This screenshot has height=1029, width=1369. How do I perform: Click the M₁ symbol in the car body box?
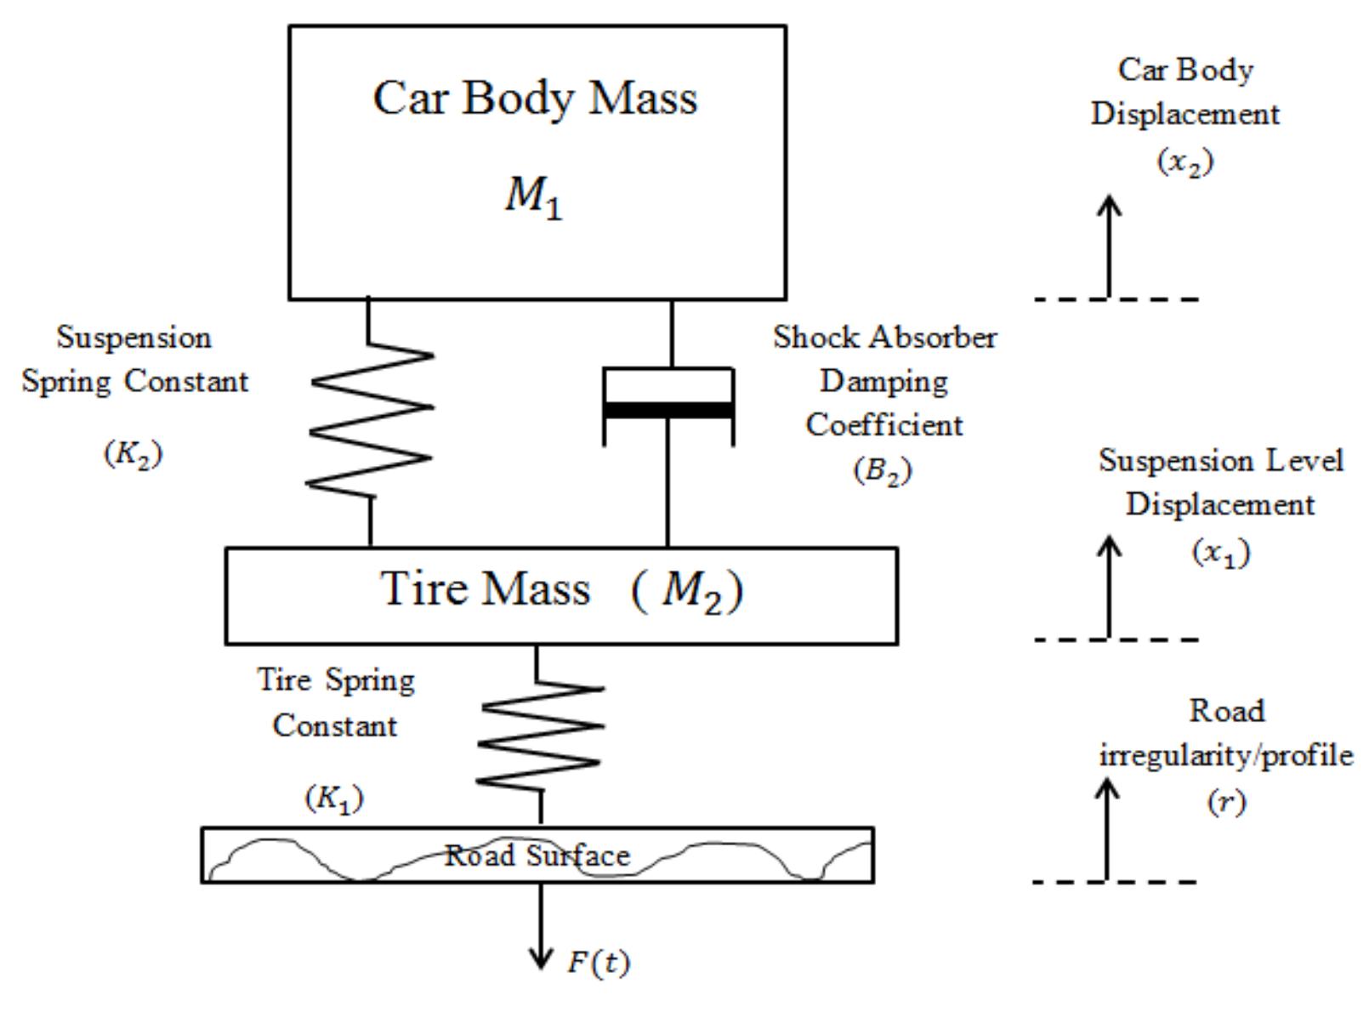point(534,197)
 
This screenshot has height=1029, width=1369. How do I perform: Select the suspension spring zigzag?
point(371,420)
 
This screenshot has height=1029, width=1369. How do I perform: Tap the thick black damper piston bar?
point(668,411)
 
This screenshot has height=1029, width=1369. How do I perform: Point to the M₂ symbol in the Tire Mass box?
point(692,589)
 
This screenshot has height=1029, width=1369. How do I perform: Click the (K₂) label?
point(133,454)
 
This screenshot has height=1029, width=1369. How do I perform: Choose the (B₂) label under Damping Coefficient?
point(883,470)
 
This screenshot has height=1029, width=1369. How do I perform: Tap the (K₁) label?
point(334,799)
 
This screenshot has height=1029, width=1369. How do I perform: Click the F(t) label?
point(599,963)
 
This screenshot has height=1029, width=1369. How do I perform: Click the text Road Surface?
point(537,855)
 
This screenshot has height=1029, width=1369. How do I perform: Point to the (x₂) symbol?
point(1185,161)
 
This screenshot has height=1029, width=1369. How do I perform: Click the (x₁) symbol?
point(1221,553)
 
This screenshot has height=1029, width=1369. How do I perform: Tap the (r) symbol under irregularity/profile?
point(1225,801)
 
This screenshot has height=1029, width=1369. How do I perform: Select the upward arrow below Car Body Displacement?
point(1109,247)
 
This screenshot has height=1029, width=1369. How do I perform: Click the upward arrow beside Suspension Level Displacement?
point(1109,587)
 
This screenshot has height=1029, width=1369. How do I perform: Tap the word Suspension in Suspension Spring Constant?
point(133,338)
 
